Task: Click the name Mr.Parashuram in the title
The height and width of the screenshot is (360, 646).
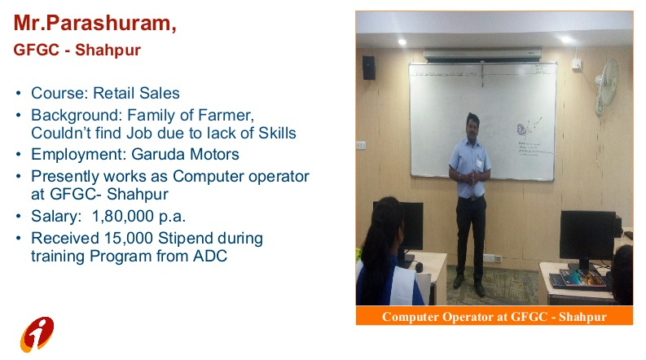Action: [92, 23]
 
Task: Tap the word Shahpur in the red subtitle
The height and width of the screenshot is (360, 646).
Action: [108, 50]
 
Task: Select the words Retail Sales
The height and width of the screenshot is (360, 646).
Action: [136, 93]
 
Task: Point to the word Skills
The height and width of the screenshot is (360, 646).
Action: [277, 133]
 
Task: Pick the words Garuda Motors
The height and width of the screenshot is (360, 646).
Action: [185, 155]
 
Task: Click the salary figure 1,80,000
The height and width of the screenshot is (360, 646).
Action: [123, 217]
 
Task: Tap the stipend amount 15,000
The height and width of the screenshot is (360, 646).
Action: [129, 238]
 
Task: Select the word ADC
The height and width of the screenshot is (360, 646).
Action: [210, 256]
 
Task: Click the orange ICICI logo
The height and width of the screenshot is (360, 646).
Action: [37, 334]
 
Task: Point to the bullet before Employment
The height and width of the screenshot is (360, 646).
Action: [18, 155]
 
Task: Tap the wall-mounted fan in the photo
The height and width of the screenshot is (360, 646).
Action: [606, 86]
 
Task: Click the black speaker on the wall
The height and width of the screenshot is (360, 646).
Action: [368, 68]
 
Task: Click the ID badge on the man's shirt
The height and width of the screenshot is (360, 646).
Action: [479, 163]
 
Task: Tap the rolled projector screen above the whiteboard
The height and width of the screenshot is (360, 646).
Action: [482, 55]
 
